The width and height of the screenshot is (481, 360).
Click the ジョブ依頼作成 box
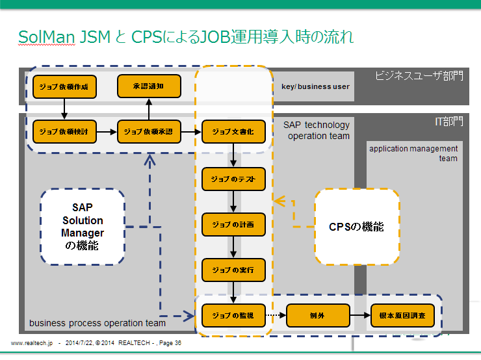tap(64, 86)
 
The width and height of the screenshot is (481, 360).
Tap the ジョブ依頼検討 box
tap(64, 131)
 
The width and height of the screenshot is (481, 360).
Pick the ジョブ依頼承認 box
tap(148, 131)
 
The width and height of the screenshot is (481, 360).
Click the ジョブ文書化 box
tap(233, 131)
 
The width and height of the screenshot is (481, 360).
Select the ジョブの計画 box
tap(233, 224)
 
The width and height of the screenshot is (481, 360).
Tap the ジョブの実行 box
tap(233, 269)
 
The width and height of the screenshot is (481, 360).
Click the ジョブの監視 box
tap(233, 315)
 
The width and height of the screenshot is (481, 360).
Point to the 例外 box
tap(318, 315)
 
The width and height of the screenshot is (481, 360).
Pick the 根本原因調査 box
tap(402, 315)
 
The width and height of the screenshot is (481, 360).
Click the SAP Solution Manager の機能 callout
tap(83, 226)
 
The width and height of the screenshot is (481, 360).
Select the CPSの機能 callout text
tap(356, 227)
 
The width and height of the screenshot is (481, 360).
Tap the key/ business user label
tap(315, 86)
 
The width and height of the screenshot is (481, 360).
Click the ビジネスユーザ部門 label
tap(419, 75)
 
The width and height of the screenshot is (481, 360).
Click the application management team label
tap(413, 153)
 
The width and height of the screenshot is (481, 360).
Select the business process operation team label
tap(97, 323)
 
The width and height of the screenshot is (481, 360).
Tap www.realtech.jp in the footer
tap(31, 342)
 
